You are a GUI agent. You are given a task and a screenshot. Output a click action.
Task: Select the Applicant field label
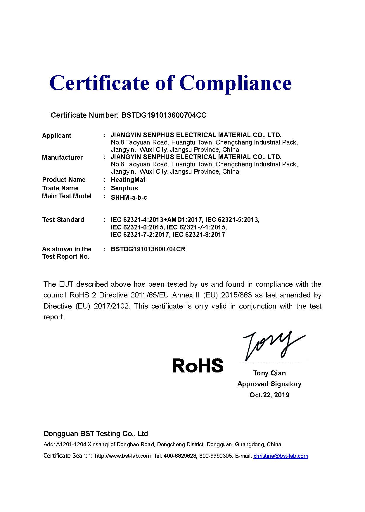(56, 136)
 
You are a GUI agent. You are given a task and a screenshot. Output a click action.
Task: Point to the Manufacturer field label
(62, 158)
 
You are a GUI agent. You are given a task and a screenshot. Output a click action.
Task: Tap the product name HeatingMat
(128, 180)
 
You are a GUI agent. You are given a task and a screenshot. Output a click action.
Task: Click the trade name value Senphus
(124, 188)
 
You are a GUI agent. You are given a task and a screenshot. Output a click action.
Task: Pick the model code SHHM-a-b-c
(129, 198)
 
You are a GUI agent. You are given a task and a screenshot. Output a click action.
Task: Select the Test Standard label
(63, 220)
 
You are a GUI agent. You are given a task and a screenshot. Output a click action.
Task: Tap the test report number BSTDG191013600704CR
(148, 249)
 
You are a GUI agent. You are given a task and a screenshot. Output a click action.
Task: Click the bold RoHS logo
(198, 365)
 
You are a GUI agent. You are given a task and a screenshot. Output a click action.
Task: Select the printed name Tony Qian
(269, 373)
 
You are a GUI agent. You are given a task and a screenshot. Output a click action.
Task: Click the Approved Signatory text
(269, 384)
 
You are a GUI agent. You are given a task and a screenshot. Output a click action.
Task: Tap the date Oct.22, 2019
(269, 395)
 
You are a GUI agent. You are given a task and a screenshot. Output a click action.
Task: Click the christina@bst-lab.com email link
(281, 456)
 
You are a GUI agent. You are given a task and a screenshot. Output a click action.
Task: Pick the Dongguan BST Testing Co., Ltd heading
(96, 434)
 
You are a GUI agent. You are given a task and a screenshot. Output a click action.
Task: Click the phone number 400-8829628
(180, 456)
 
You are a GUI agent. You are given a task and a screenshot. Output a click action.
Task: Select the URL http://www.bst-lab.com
(123, 456)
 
